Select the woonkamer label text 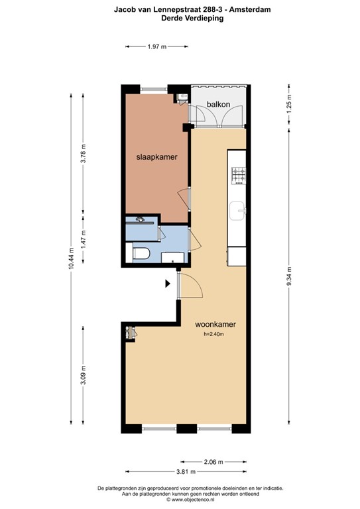[215, 325]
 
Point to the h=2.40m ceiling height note [215, 334]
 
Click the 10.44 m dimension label [72, 252]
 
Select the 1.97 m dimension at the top [156, 46]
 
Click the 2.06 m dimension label [213, 461]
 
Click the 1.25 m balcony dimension [288, 105]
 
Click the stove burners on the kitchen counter [237, 176]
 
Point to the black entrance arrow [168, 284]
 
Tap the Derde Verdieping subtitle [192, 19]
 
